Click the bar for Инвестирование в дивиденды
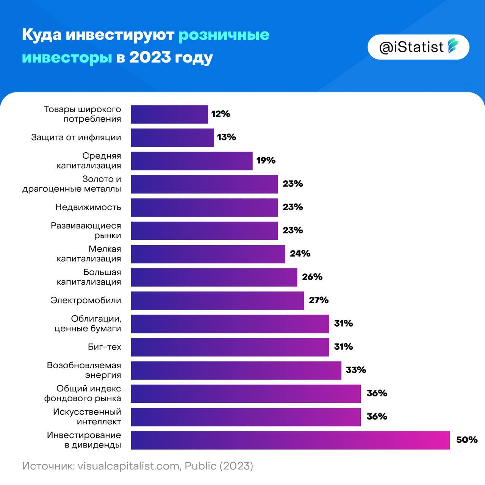pyautogui.click(x=290, y=440)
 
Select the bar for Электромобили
pyautogui.click(x=217, y=300)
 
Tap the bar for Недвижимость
pyautogui.click(x=204, y=207)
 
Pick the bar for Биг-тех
pyautogui.click(x=230, y=347)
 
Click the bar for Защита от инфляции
pyautogui.click(x=172, y=138)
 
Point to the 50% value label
pyautogui.click(x=466, y=440)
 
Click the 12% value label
pyautogui.click(x=221, y=114)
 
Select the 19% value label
pyautogui.click(x=266, y=161)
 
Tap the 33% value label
pyautogui.click(x=355, y=370)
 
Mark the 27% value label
pyautogui.click(x=318, y=300)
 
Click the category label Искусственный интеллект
pyautogui.click(x=87, y=416)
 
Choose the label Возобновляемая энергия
pyautogui.click(x=84, y=370)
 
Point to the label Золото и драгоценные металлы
pyautogui.click(x=72, y=184)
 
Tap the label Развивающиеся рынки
pyautogui.click(x=86, y=230)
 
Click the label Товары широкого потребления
pyautogui.click(x=83, y=114)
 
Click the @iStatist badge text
pyautogui.click(x=411, y=47)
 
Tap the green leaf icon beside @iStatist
pyautogui.click(x=453, y=46)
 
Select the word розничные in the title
pyautogui.click(x=224, y=35)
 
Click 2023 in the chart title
pyautogui.click(x=149, y=58)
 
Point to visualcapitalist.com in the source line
pyautogui.click(x=128, y=466)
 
